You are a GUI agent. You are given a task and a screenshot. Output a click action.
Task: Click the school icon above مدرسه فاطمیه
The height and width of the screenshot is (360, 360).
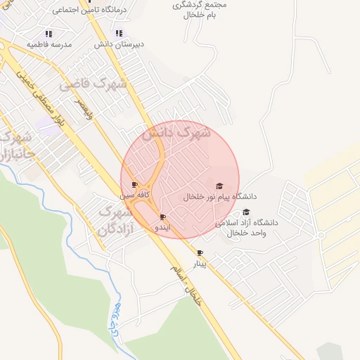pos(49,33)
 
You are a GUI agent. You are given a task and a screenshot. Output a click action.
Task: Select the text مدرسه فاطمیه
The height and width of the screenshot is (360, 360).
pos(49,44)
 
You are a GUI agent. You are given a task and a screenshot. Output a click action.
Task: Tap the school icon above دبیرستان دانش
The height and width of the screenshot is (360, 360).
pos(120,33)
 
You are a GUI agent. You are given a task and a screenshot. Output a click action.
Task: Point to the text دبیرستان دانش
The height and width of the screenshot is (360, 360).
pos(120,44)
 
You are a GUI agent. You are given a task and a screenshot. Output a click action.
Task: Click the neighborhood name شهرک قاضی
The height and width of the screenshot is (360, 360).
pos(93,84)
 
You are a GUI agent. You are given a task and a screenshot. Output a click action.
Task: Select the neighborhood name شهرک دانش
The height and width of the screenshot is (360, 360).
pos(176,131)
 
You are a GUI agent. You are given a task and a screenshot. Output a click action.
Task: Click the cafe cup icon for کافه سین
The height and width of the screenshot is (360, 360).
pos(135,185)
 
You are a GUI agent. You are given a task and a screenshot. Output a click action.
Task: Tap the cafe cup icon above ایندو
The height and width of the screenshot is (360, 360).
pos(163,217)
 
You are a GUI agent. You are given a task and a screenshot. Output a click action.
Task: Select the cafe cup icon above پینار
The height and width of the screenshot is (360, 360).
pos(200,252)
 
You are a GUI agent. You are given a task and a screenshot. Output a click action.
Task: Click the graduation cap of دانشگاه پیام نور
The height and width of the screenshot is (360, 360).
pos(219,186)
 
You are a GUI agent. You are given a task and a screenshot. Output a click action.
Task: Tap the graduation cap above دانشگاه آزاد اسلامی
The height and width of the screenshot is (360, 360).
pos(246,212)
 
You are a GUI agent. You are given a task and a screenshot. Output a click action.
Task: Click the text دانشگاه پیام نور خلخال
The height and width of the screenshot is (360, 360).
pos(219,197)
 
